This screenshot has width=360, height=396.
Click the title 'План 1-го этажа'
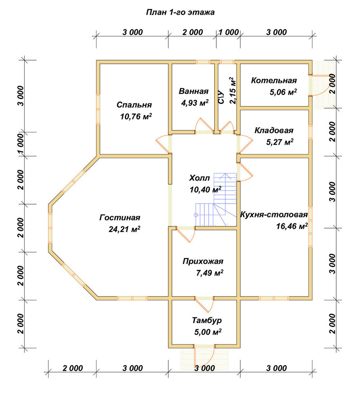180,12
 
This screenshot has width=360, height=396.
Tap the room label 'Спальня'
134,105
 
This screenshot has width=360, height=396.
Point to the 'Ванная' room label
194,91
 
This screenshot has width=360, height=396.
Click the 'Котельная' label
274,80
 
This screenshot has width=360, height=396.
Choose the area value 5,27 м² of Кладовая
280,142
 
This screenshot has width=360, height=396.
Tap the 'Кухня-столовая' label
274,215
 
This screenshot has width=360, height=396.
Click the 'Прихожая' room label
203,261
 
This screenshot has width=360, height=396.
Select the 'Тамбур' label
207,320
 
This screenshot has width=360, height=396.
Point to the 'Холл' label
199,178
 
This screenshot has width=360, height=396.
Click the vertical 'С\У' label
221,97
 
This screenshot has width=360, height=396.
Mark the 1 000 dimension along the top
229,32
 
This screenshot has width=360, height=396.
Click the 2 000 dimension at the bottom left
72,368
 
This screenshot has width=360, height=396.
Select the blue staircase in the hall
216,200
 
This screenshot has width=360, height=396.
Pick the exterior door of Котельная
319,86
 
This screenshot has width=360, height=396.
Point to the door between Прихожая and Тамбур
204,304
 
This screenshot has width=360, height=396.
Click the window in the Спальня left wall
98,109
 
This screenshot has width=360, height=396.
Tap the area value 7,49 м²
210,273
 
